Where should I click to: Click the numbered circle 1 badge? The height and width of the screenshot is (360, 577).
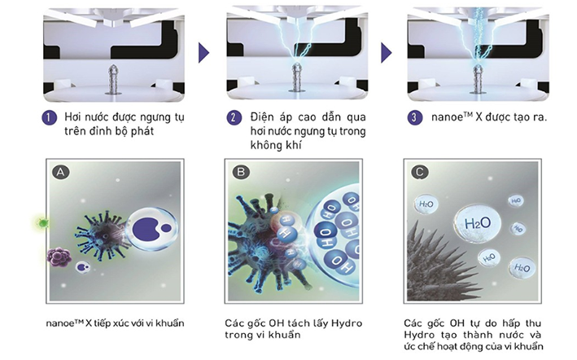(x=50, y=118)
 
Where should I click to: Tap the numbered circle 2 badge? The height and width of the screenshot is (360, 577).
(x=234, y=118)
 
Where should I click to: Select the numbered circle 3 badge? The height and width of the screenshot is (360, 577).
(x=415, y=118)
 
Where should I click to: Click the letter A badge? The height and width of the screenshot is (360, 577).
(x=61, y=172)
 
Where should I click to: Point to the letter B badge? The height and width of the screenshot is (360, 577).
(x=241, y=172)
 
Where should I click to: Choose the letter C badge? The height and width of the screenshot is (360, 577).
(x=420, y=172)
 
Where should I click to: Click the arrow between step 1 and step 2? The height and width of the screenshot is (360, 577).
(x=204, y=53)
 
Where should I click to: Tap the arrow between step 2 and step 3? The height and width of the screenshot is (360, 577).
(x=387, y=53)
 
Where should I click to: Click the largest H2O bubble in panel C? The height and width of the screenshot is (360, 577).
(x=478, y=222)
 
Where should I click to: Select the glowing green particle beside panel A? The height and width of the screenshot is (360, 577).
(x=43, y=222)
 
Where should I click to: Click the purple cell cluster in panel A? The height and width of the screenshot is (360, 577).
(x=59, y=257)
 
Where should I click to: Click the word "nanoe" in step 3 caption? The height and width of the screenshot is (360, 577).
(x=447, y=117)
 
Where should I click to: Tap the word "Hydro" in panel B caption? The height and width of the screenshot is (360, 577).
(x=347, y=323)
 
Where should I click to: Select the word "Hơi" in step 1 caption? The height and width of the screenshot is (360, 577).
(x=73, y=117)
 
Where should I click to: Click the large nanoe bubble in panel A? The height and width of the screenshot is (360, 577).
(x=151, y=229)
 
